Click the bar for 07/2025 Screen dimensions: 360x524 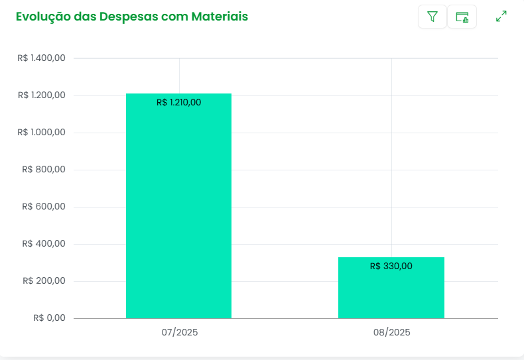(178, 212)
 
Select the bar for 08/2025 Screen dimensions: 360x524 (391, 292)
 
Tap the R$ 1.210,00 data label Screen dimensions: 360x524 (178, 102)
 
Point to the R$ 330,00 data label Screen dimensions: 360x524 (391, 266)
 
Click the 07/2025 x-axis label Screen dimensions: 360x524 (179, 332)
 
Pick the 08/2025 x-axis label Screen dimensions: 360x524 (391, 332)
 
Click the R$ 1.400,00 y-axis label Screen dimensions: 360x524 (42, 58)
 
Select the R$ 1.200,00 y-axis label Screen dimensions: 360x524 (42, 95)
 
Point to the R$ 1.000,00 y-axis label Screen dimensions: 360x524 (42, 133)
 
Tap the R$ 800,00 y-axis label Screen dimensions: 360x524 (44, 170)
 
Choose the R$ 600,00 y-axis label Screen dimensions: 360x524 (44, 207)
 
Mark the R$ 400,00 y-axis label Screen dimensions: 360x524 (44, 244)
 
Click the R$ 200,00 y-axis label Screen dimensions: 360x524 (44, 281)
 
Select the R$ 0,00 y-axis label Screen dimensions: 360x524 (49, 318)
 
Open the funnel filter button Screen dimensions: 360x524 (432, 17)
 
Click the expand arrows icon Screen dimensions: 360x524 (501, 17)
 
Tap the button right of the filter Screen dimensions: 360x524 (462, 17)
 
